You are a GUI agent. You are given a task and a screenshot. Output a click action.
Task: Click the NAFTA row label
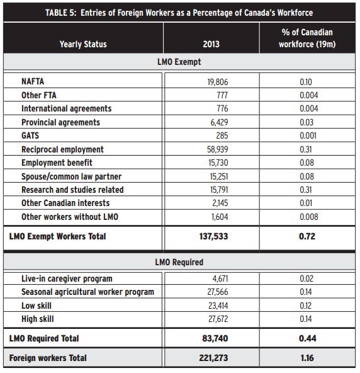[33, 81]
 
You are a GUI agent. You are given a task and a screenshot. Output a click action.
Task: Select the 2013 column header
[211, 44]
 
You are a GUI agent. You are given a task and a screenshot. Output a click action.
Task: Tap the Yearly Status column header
[83, 44]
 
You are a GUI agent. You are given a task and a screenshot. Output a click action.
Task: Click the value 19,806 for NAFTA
[218, 82]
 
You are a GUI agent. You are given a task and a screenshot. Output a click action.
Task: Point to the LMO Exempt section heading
[179, 62]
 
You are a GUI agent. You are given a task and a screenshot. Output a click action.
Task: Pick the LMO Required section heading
[179, 262]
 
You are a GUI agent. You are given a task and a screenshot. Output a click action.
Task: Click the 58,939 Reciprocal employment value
[217, 149]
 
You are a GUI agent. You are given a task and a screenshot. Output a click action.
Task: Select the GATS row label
[30, 135]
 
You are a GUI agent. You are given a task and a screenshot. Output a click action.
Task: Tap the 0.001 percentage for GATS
[308, 135]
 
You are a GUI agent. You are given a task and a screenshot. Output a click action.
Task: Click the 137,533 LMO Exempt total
[213, 236]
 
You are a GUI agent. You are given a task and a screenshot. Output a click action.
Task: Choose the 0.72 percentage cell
[307, 236]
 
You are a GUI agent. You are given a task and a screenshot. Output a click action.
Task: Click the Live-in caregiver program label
[67, 278]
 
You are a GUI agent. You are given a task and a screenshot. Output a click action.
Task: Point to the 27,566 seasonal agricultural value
[218, 292]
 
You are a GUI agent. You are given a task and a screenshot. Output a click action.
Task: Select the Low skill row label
[37, 306]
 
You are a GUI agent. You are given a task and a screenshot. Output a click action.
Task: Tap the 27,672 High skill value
[218, 319]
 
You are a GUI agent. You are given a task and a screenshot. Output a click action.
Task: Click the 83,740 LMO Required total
[215, 338]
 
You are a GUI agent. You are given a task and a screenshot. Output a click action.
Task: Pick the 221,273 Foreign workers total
[213, 358]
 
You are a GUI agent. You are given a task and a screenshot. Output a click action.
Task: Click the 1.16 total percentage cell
[307, 358]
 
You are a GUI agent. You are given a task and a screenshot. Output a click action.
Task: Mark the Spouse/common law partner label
[71, 176]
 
